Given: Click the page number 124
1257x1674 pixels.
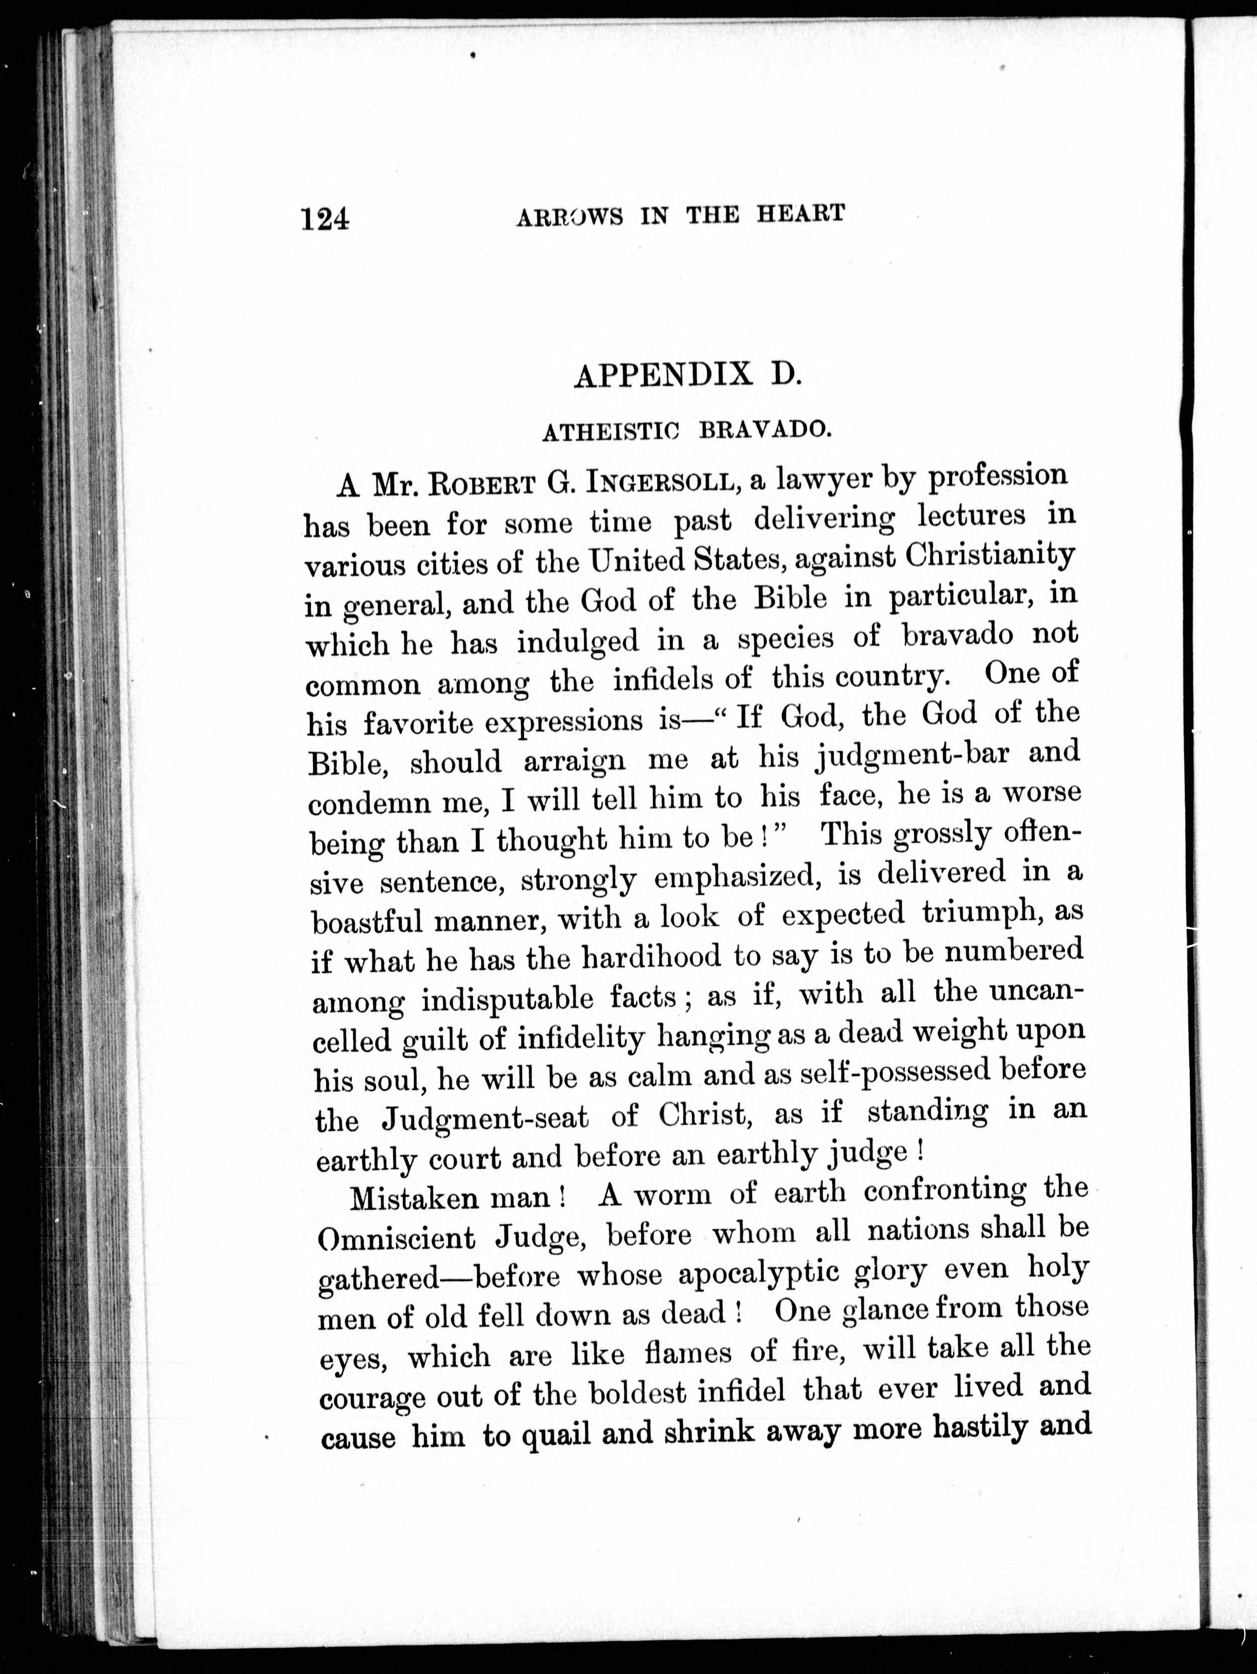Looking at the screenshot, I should (x=325, y=219).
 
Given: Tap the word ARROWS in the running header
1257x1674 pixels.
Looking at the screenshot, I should (x=570, y=217).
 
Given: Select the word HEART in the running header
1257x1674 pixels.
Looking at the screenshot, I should (x=800, y=214).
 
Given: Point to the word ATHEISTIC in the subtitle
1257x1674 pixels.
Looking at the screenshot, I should (x=610, y=432).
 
